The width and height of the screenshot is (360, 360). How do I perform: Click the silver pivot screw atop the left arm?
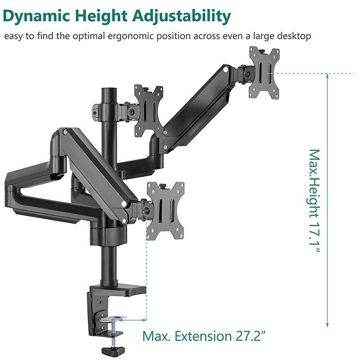click(66, 132)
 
